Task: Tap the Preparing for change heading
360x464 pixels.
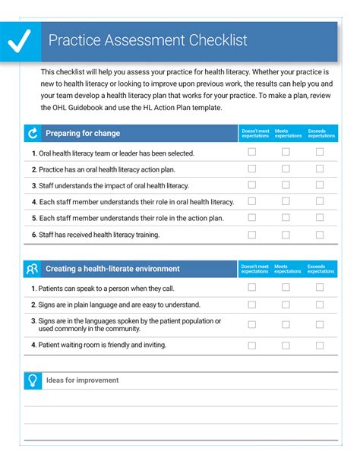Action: (83, 134)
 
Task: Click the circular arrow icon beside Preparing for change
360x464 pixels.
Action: (32, 134)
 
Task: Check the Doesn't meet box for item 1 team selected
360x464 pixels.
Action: (252, 152)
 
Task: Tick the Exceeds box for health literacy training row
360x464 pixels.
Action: (320, 235)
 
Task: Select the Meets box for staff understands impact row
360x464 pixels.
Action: (286, 185)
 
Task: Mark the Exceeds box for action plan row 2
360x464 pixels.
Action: (320, 169)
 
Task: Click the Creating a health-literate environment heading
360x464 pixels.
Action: (112, 269)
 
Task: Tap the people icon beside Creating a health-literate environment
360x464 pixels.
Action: (32, 269)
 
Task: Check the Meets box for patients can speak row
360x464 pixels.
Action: (286, 287)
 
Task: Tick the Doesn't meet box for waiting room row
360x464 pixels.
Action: (252, 345)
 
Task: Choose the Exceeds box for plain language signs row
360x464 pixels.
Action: (320, 305)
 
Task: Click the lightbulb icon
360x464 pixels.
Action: (32, 380)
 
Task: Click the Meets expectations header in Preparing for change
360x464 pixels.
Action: (288, 134)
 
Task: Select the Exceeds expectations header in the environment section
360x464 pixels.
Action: (321, 269)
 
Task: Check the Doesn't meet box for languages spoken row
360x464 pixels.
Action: (252, 324)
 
